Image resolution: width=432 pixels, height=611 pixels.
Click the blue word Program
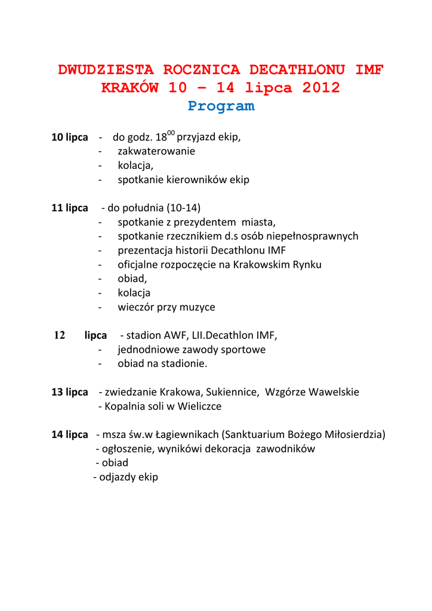point(221,106)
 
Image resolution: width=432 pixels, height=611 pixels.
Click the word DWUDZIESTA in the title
point(106,70)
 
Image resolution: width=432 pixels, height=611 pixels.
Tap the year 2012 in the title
point(321,88)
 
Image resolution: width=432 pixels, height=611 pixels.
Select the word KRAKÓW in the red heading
point(130,88)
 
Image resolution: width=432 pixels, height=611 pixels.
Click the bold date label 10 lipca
point(70,137)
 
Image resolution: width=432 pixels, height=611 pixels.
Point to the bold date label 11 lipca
point(70,208)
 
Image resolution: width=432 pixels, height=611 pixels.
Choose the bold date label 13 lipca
point(70,392)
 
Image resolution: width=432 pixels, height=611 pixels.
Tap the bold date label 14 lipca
point(70,434)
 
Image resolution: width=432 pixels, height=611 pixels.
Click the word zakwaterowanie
point(156,152)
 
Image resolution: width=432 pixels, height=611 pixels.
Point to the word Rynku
point(307,265)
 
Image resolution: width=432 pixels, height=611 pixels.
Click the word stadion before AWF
point(144,335)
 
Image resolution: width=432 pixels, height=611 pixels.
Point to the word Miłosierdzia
point(354,434)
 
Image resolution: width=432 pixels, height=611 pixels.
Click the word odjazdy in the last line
point(118,477)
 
